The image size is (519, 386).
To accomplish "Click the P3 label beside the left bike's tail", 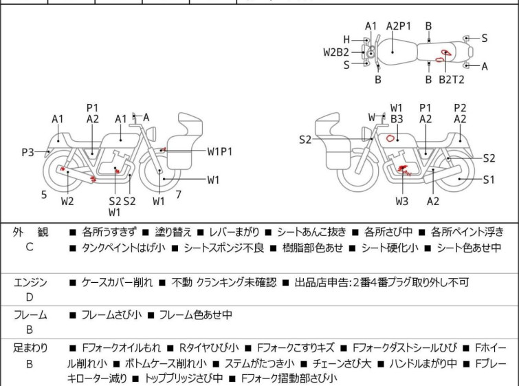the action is pos(27,153).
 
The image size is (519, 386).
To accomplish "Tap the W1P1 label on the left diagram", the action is pos(220,151).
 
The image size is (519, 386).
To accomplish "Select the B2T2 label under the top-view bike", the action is pos(452,80).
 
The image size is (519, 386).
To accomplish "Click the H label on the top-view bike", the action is pos(346,40).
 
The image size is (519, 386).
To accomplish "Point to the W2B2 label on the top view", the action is pos(336,52).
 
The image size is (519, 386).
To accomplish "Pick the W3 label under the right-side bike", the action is pos(402,201).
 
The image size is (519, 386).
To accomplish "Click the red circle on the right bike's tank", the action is pos(390,138).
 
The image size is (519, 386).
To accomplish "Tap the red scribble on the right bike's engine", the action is pos(404,170).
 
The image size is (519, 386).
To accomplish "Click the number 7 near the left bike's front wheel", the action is pos(179,195).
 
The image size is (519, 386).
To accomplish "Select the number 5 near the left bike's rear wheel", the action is pos(44,195).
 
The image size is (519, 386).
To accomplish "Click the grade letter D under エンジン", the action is pos(30,297).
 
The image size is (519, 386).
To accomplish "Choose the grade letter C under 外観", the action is pos(30,247).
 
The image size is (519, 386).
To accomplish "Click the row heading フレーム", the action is pos(30,314).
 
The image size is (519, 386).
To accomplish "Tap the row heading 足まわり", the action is pos(30,348).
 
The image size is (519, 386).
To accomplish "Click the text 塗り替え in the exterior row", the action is pos(173,232).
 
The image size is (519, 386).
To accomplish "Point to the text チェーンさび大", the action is pos(342,364).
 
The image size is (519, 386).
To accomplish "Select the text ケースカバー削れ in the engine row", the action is pos(117,282).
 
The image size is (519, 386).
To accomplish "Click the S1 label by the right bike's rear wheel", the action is pos(489,180).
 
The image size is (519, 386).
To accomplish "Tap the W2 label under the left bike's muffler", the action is pos(67,201).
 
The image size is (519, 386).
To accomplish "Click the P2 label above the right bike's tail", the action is pos(460,108).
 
